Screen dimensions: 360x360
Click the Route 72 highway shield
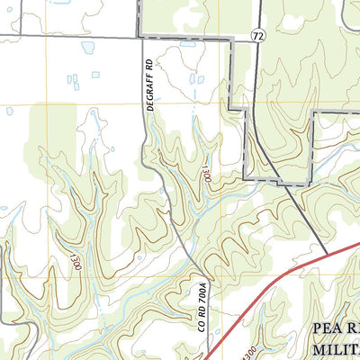point(258,34)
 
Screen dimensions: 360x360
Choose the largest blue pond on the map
point(88,47)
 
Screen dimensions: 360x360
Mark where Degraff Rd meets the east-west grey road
point(139,37)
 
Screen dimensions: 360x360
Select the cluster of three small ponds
point(74,82)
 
